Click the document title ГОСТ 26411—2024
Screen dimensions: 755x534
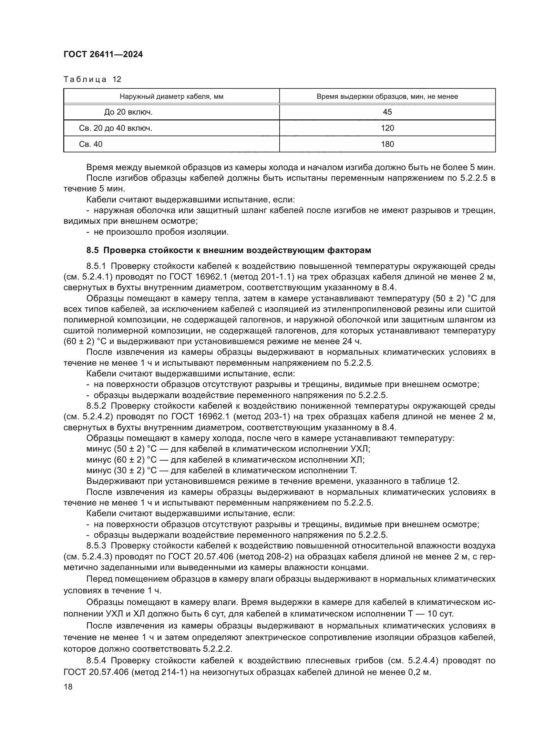click(x=103, y=55)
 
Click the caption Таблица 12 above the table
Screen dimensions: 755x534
click(x=92, y=79)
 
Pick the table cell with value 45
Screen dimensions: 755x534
click(x=387, y=112)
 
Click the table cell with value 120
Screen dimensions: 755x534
click(x=387, y=128)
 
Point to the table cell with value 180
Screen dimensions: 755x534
click(x=387, y=144)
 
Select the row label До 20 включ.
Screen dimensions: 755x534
click(x=128, y=112)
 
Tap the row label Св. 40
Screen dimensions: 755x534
click(x=91, y=144)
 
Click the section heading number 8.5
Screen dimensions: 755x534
click(x=92, y=250)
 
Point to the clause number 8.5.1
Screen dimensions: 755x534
click(x=96, y=266)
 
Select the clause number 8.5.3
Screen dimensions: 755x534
click(x=96, y=546)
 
